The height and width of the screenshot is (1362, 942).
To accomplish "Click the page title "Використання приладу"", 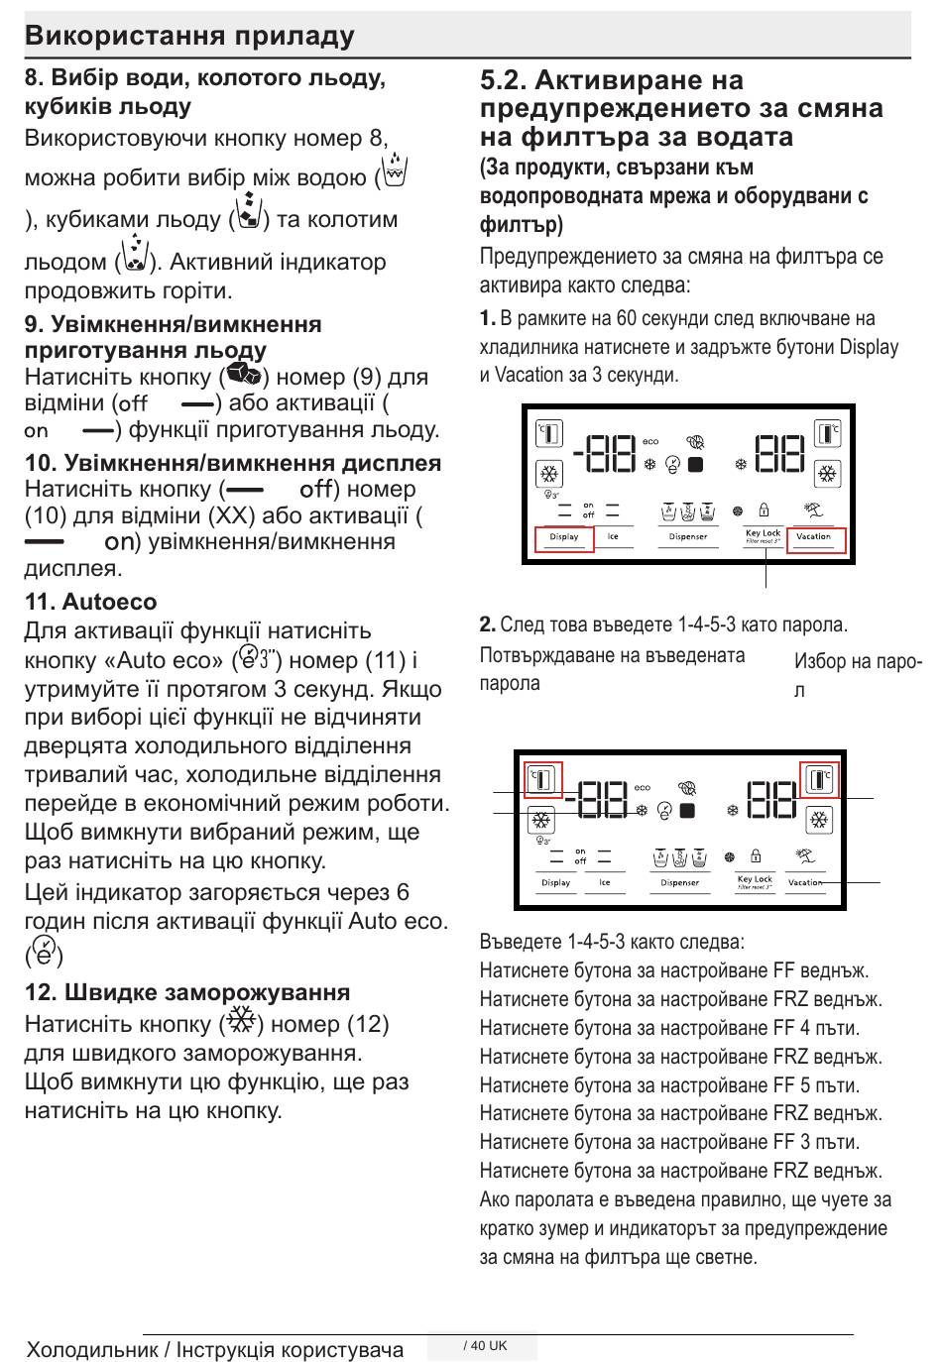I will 189,36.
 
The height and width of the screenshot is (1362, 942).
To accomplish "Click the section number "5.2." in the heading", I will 504,80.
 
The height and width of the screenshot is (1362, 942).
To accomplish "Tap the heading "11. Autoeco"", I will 90,602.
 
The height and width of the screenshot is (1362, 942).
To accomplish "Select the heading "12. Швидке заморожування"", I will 187,992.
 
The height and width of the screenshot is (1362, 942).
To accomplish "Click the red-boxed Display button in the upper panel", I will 564,538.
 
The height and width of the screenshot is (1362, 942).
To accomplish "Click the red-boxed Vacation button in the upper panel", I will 815,538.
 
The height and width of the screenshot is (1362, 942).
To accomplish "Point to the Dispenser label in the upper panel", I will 688,537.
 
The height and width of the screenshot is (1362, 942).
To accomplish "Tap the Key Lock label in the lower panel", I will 755,879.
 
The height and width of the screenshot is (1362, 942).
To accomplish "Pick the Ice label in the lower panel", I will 605,882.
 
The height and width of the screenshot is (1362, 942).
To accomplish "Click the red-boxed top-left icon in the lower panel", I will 542,778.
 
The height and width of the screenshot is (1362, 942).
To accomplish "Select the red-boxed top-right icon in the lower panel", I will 819,778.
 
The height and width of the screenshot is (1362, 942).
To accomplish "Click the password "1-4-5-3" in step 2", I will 711,625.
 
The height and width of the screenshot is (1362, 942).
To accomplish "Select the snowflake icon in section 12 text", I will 241,1021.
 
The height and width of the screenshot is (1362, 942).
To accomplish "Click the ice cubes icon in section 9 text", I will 243,375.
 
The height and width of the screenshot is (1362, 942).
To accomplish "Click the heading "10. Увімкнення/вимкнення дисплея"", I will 233,463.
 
